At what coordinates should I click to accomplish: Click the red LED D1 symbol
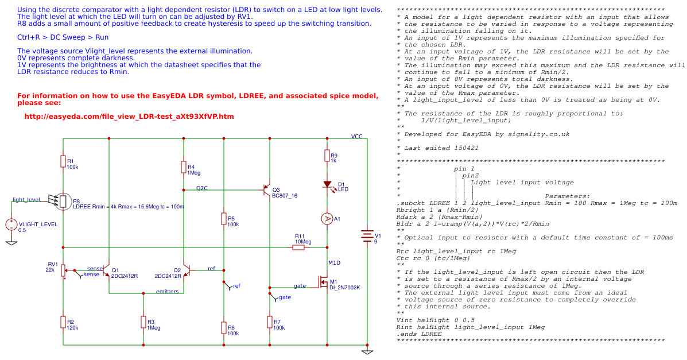pos(327,185)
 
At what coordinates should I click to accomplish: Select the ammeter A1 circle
pos(327,218)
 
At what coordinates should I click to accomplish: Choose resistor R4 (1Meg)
pos(184,167)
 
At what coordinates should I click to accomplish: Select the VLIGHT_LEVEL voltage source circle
pos(11,224)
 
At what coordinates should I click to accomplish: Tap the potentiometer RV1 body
pos(63,270)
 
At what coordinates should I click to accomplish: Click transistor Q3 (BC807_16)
pos(266,189)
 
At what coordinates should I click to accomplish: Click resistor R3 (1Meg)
pos(143,322)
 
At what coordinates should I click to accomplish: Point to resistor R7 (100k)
pos(270,322)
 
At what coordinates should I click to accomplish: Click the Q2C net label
pos(202,188)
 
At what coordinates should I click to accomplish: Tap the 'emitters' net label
pos(167,292)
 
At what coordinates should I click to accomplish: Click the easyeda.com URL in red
pos(129,117)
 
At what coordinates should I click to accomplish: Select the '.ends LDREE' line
pos(419,334)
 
